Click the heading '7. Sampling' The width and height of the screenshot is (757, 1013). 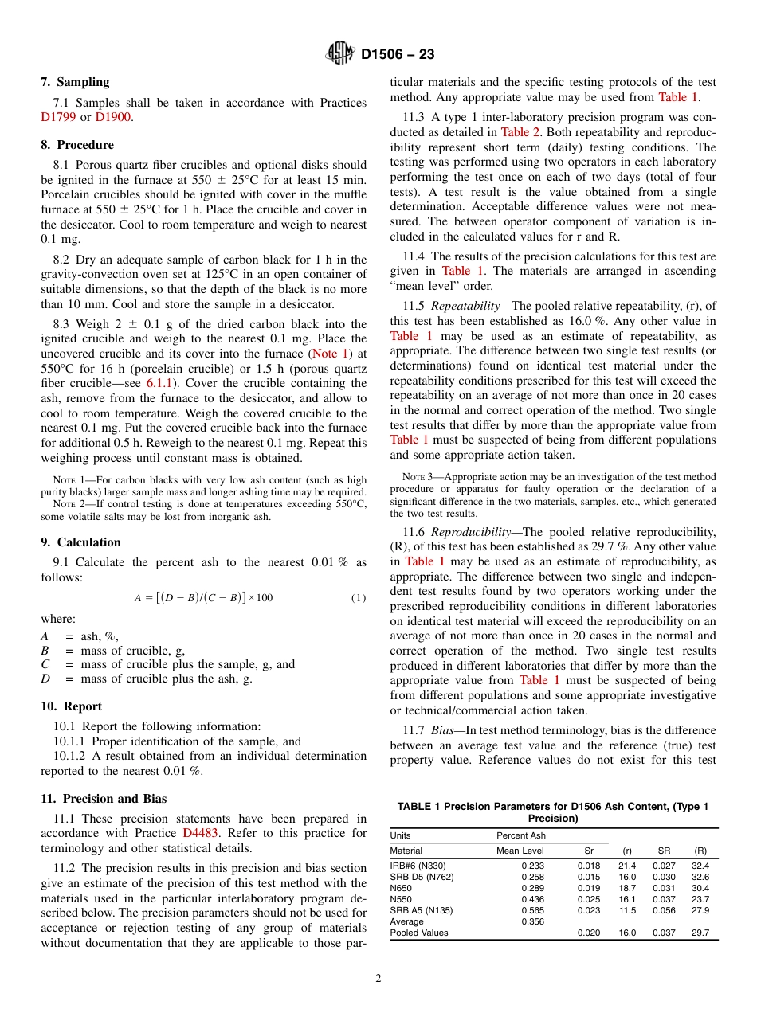coord(75,82)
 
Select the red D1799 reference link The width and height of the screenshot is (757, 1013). coord(57,117)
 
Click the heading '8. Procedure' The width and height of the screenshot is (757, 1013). coord(77,145)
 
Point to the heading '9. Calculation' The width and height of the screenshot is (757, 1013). coord(80,542)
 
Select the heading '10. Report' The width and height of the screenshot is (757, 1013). coord(71,706)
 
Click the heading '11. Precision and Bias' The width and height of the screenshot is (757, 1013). coord(104,799)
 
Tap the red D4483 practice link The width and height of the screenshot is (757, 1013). coord(201,833)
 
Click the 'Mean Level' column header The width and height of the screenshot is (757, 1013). coord(520,851)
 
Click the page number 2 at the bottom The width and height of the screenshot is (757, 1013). coord(378,979)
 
